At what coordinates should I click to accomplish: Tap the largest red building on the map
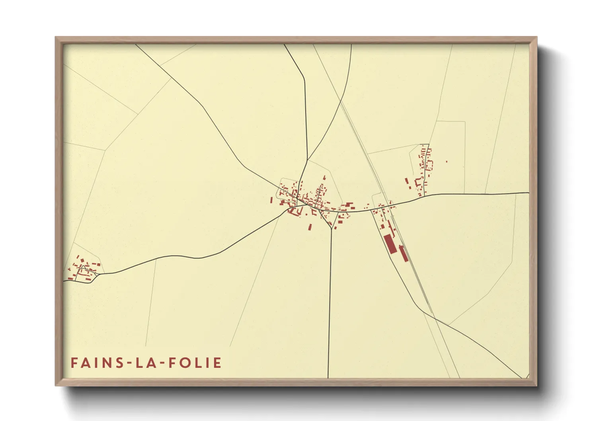[390, 244]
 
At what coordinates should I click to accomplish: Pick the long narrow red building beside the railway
[404, 253]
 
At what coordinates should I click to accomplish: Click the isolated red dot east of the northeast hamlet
[447, 162]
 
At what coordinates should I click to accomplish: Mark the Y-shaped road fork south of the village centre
[331, 228]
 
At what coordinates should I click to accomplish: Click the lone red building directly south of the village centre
[310, 227]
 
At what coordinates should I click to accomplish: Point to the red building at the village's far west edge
[272, 200]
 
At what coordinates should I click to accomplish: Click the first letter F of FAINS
[74, 363]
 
